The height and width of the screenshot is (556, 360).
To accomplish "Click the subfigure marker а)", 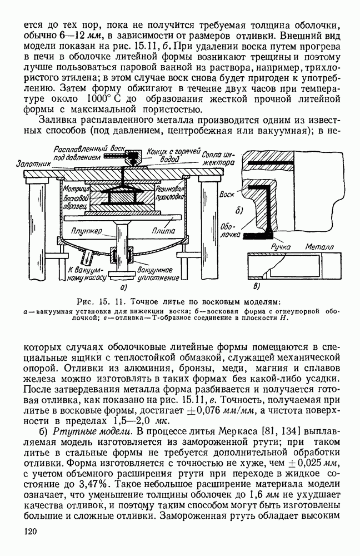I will pyautogui.click(x=123, y=287).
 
